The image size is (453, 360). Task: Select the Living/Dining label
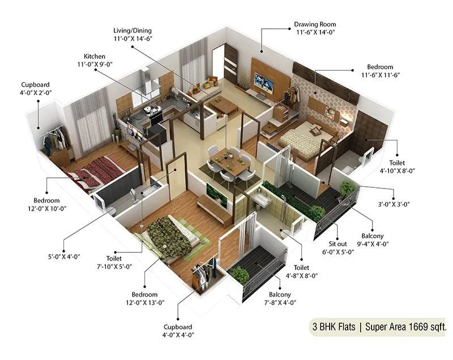[x=132, y=30]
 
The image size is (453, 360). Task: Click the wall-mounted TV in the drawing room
[x=264, y=83]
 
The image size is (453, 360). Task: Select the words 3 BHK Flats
[x=334, y=327]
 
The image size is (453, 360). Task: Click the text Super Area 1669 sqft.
[x=407, y=327]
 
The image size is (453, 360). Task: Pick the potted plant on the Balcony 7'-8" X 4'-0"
[x=240, y=275]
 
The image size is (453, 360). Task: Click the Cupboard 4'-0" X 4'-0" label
[x=178, y=331]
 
